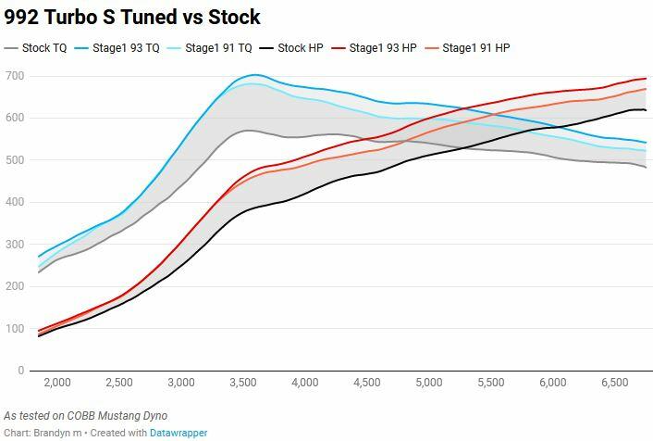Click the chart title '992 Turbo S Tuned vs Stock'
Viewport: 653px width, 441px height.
tap(132, 18)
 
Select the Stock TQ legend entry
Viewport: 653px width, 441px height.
tap(35, 48)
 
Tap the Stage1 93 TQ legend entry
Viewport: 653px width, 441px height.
tap(117, 48)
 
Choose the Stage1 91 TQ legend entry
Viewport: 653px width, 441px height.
tap(209, 48)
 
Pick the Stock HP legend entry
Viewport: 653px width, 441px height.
tap(291, 48)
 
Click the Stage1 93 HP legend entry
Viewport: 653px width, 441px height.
tap(374, 48)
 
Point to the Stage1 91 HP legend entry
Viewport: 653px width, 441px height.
tap(467, 48)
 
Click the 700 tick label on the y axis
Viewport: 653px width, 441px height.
tap(15, 76)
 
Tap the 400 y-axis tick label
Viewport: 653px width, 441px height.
tap(15, 202)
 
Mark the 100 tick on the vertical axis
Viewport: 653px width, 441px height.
tap(15, 328)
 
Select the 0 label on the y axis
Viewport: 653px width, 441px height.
tap(21, 371)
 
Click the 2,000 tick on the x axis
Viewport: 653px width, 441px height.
tap(57, 383)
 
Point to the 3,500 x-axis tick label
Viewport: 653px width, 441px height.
tap(243, 383)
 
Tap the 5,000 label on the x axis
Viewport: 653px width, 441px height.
tap(429, 383)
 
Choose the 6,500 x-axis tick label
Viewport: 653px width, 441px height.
tap(615, 383)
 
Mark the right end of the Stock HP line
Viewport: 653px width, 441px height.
tap(646, 110)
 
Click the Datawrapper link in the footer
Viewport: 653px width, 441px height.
tap(179, 433)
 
